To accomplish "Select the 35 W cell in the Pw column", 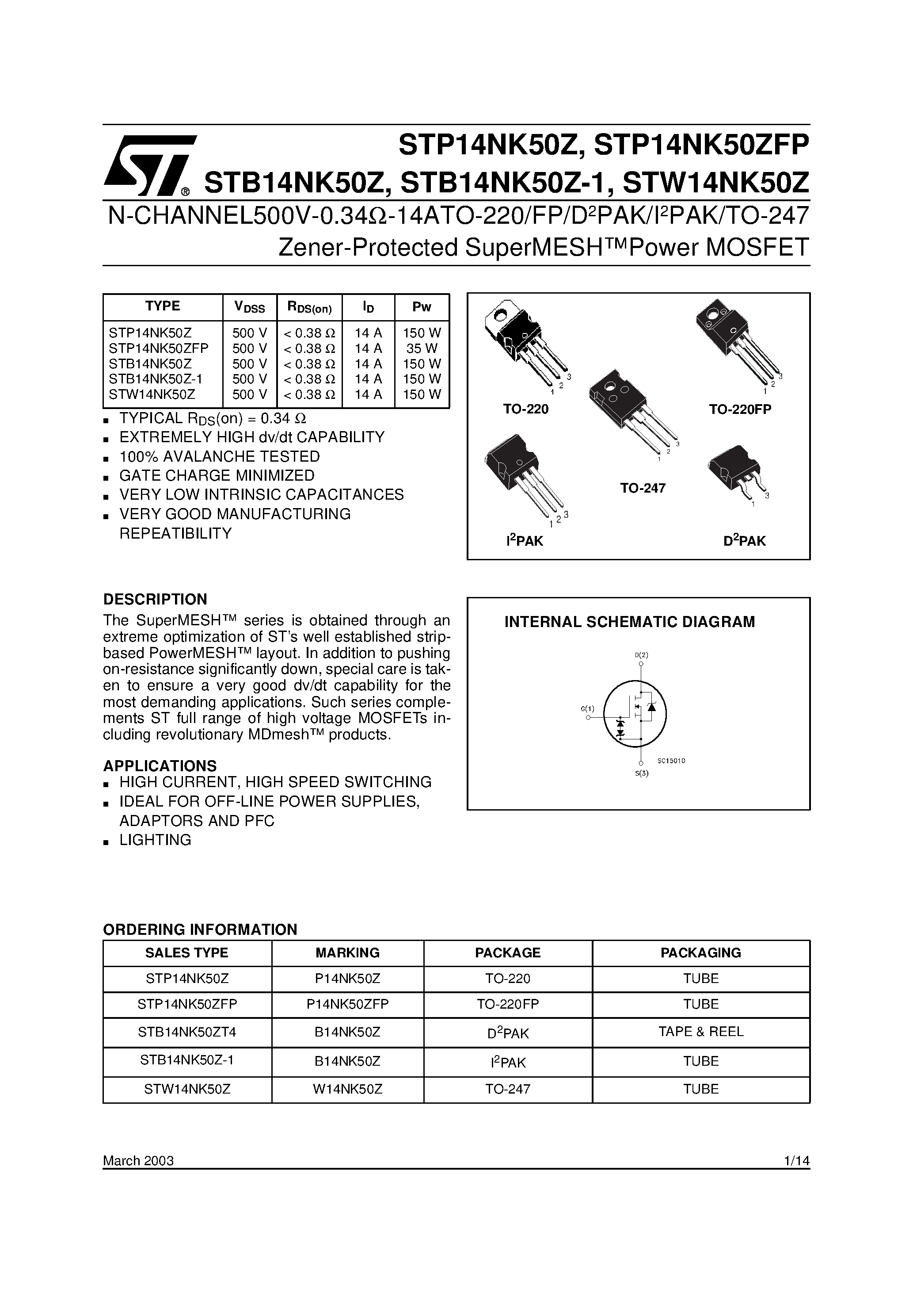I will coord(422,348).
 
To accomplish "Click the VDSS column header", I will coord(249,307).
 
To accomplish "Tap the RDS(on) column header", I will coord(310,307).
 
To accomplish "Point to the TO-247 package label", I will coord(643,488).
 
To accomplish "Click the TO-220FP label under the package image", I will coord(740,409).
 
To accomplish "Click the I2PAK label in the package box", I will coord(525,541).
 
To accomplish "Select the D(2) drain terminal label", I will coord(642,655).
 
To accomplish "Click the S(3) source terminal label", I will coord(642,773).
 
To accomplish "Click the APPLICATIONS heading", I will coord(160,766).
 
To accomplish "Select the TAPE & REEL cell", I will coord(701,1031).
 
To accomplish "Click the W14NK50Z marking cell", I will coord(347,1089).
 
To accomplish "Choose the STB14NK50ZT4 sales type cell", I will coord(187,1032).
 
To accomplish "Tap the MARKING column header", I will coord(347,953).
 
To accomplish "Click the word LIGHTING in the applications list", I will coord(156,840).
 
